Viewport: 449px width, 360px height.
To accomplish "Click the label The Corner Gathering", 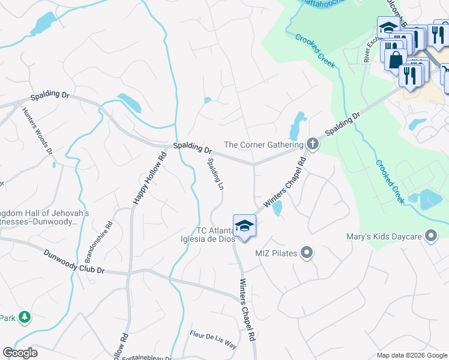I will coord(264,145).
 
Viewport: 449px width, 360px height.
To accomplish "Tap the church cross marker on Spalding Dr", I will coord(312,144).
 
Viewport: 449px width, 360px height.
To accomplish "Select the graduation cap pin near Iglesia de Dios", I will coord(244,226).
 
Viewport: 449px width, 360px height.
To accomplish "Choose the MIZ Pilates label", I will coord(276,253).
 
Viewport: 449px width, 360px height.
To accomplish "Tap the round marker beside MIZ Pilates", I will coord(307,253).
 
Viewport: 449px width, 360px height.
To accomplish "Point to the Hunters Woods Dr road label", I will coord(37,131).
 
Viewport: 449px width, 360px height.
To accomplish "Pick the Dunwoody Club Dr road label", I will coord(74,262).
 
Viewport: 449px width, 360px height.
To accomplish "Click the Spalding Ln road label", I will coord(215,174).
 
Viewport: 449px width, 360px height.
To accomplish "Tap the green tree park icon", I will coord(25,317).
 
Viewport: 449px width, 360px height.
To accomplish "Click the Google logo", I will coord(20,353).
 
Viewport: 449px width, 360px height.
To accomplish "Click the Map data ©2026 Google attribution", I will coord(412,355).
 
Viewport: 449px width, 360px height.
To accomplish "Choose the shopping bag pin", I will coord(394,59).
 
